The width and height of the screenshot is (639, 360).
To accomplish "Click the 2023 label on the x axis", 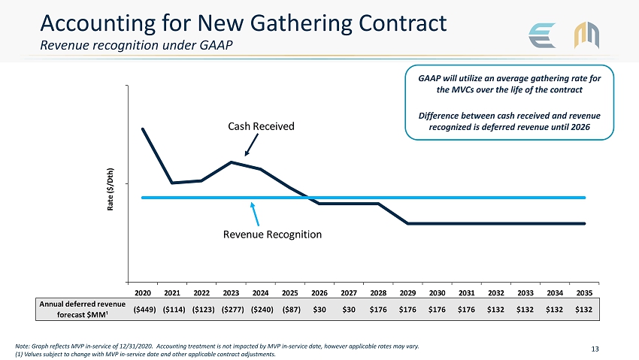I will point(231,292).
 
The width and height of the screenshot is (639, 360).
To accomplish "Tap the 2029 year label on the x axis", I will point(407,292).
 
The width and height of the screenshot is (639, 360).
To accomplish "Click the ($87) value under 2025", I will point(290,309).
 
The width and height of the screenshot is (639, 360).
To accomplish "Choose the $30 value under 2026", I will point(319,309).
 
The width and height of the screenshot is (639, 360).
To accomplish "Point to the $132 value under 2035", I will point(584,309).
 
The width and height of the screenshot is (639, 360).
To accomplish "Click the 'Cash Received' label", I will point(261,126).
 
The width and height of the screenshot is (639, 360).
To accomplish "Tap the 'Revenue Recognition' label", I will point(272,234).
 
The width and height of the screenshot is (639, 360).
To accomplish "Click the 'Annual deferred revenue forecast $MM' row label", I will point(83,309).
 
